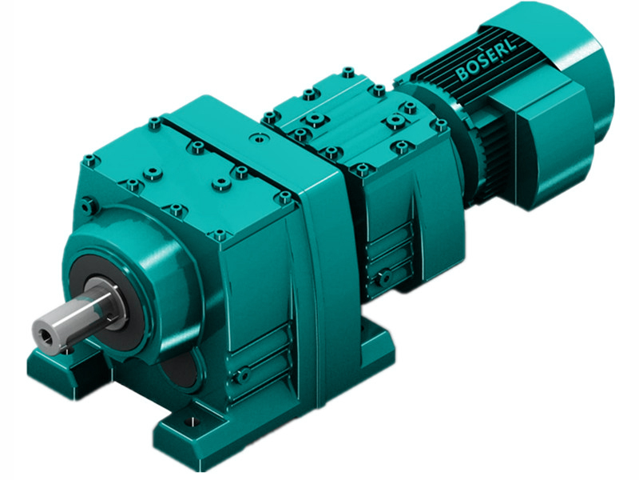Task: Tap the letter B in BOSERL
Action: point(462,76)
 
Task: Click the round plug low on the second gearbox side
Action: point(385,278)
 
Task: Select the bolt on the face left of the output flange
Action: point(90,206)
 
